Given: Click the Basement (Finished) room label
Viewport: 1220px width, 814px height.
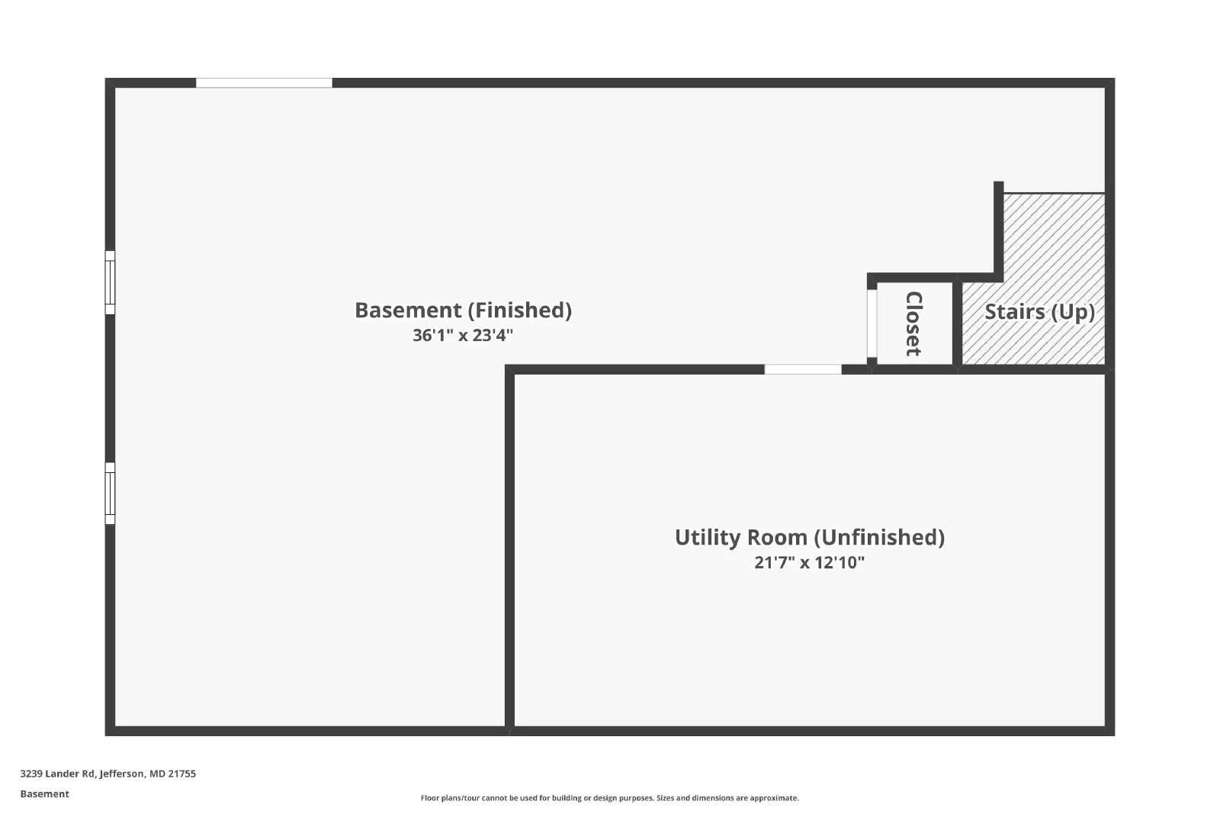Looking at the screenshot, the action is [464, 310].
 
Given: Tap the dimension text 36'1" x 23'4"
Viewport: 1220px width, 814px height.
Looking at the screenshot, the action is [463, 335].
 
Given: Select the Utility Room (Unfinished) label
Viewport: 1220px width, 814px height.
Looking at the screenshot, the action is [810, 538].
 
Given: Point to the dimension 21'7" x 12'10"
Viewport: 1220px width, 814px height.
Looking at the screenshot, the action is [809, 562].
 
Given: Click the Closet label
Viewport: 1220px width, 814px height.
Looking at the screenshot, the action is [913, 324].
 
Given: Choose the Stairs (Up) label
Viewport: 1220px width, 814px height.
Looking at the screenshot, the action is [1040, 312].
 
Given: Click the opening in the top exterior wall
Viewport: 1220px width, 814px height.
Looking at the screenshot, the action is [264, 83].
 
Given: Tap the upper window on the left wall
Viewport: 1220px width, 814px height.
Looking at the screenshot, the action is [110, 283].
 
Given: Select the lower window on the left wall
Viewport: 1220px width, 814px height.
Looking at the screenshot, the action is [110, 494].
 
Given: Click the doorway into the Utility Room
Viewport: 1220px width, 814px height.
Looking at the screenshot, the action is [803, 369].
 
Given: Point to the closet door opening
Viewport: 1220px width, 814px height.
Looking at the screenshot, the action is [872, 323].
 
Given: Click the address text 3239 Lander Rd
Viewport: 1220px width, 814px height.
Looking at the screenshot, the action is [57, 774].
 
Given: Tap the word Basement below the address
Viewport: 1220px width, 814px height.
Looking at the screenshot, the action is [45, 794].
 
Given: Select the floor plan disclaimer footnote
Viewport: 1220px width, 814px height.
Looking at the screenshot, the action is [609, 798].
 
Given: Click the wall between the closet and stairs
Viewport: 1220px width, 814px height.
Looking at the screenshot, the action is [958, 323].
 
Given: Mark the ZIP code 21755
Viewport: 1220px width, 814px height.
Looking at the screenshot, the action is [182, 774].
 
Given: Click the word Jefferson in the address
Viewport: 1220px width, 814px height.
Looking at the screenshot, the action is [123, 774].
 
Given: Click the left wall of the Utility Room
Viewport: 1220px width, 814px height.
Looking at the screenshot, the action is [510, 550].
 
